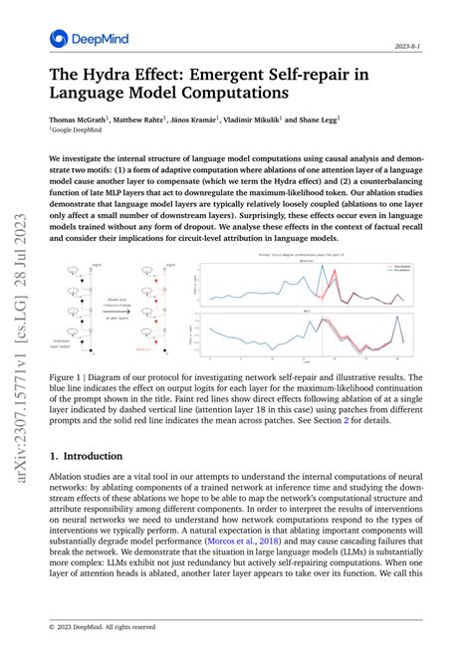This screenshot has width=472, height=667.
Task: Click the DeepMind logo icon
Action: [x=58, y=39]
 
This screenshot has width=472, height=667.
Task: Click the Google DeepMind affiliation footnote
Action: [x=80, y=130]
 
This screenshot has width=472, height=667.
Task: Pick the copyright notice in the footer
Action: [x=105, y=626]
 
